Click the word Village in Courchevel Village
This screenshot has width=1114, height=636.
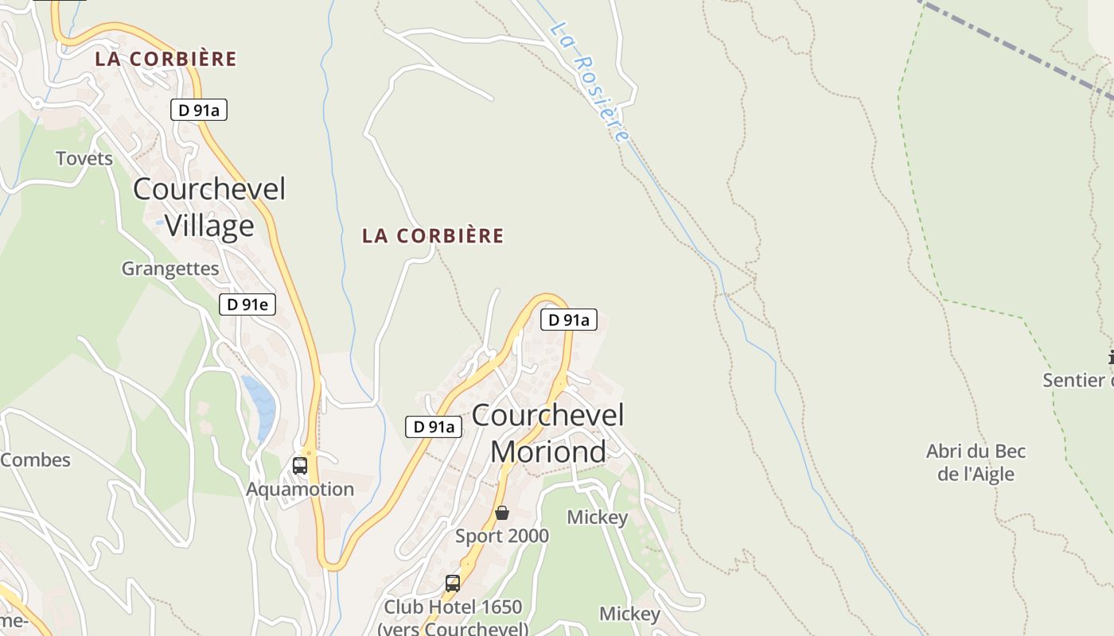point(209,226)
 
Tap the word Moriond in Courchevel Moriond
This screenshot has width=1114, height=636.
point(548,452)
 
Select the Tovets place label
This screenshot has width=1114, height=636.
point(84,158)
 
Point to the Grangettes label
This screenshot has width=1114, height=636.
point(170,269)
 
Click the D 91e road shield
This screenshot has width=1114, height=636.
point(247,304)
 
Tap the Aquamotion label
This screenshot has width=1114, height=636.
point(300,489)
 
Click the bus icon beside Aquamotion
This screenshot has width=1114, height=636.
point(300,466)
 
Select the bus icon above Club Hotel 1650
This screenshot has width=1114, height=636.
point(453,584)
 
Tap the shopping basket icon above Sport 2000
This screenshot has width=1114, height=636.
point(502,513)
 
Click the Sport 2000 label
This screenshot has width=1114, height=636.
point(502,536)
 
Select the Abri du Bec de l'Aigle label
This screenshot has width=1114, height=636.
point(976,463)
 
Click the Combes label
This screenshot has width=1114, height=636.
point(35,460)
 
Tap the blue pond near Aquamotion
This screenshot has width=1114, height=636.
point(261,405)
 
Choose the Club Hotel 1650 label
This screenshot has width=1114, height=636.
point(453,607)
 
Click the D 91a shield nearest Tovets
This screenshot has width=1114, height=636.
point(199,111)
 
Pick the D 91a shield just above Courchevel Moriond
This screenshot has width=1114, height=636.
point(569,320)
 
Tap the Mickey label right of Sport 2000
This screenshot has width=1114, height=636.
point(598,518)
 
